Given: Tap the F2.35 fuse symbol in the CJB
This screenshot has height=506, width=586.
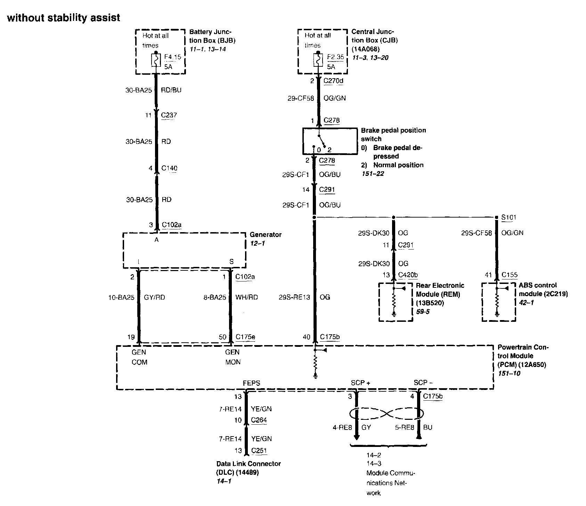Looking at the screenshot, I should (318, 60).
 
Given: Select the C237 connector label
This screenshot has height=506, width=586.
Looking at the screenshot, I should (169, 115).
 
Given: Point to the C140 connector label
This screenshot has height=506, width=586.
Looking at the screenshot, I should (169, 168).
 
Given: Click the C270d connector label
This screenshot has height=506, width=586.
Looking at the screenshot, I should (333, 81).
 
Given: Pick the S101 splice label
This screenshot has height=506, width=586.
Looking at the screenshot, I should (508, 217).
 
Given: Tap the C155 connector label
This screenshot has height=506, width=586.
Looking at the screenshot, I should (509, 275).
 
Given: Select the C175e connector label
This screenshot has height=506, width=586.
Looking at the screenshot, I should (245, 336).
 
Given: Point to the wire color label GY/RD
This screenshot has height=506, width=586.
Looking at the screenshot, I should (154, 297).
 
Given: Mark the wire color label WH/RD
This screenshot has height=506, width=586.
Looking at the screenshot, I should (246, 297).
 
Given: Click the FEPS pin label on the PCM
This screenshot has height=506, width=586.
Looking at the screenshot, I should (251, 383).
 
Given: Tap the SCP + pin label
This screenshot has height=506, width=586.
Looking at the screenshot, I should (360, 383).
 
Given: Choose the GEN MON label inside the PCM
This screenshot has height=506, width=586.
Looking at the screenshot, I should (233, 357).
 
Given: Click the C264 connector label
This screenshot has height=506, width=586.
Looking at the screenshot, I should (259, 420).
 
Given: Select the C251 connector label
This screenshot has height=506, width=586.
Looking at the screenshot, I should (259, 451).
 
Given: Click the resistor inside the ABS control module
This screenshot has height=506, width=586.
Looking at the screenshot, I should (497, 301).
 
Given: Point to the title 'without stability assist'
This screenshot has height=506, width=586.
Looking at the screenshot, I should (64, 18).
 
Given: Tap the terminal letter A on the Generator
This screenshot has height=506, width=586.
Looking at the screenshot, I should (156, 240).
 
